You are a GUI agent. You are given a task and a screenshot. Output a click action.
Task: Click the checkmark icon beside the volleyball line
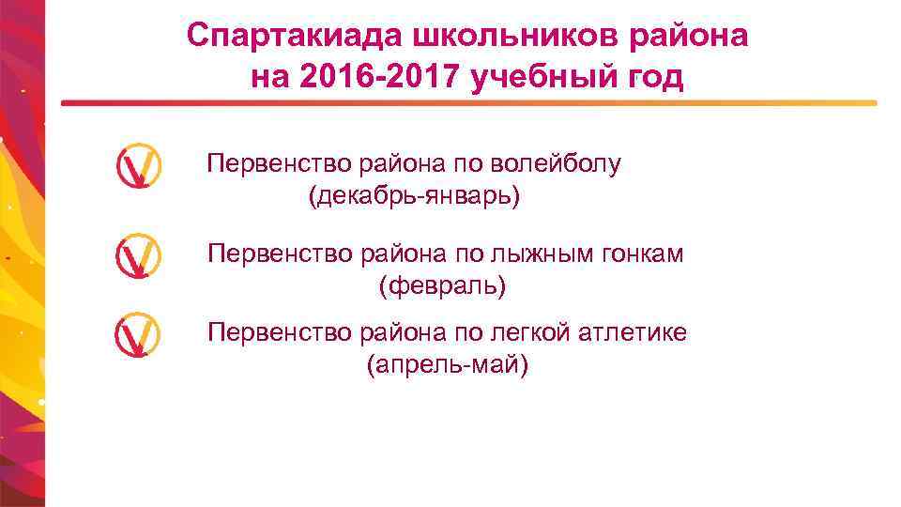pyautogui.click(x=138, y=165)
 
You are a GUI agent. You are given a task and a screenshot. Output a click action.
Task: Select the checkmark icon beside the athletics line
pyautogui.click(x=138, y=336)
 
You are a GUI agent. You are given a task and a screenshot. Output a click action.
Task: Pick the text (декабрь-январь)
pyautogui.click(x=414, y=196)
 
